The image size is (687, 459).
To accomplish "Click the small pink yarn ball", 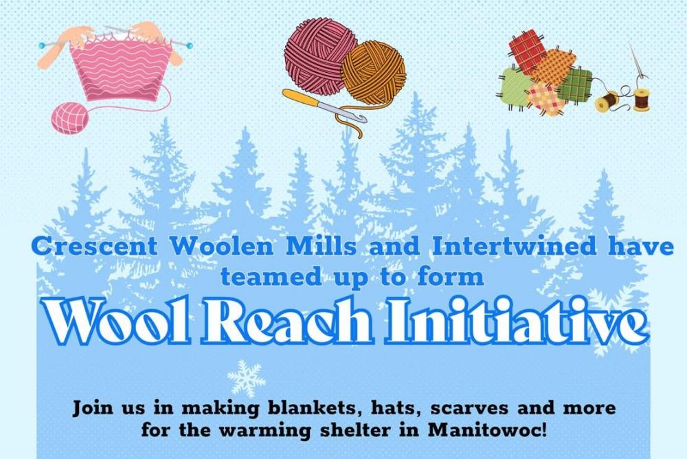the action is pos(69,117).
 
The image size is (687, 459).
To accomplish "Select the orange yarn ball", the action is pos(373,72).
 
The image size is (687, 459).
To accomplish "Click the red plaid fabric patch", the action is pos(527,50).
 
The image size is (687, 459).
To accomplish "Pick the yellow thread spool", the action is pos(606,102).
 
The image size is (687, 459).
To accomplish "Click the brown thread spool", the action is pos(642,100).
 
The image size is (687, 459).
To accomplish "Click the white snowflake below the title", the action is pos(246,378).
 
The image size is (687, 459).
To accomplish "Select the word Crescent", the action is pos(94,246).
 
